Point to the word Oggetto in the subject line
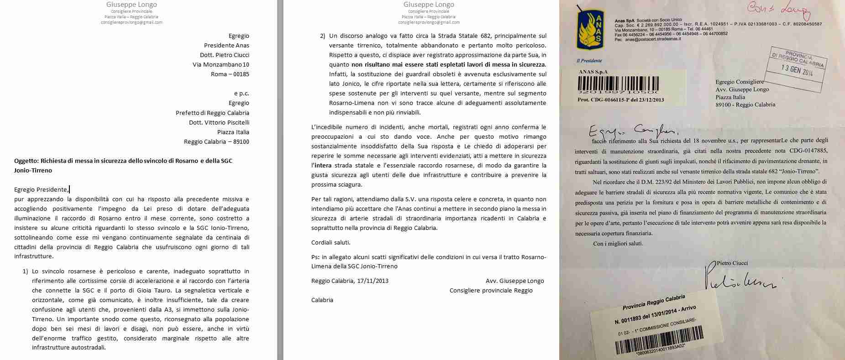click(x=26, y=161)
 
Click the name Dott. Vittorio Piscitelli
click(x=219, y=122)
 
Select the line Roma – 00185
click(x=230, y=74)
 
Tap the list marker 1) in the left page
click(x=26, y=271)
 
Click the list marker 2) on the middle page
click(x=323, y=36)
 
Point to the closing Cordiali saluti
click(x=331, y=242)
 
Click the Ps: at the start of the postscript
click(x=315, y=257)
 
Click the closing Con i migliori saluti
click(x=618, y=243)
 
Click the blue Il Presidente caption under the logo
click(x=589, y=61)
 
